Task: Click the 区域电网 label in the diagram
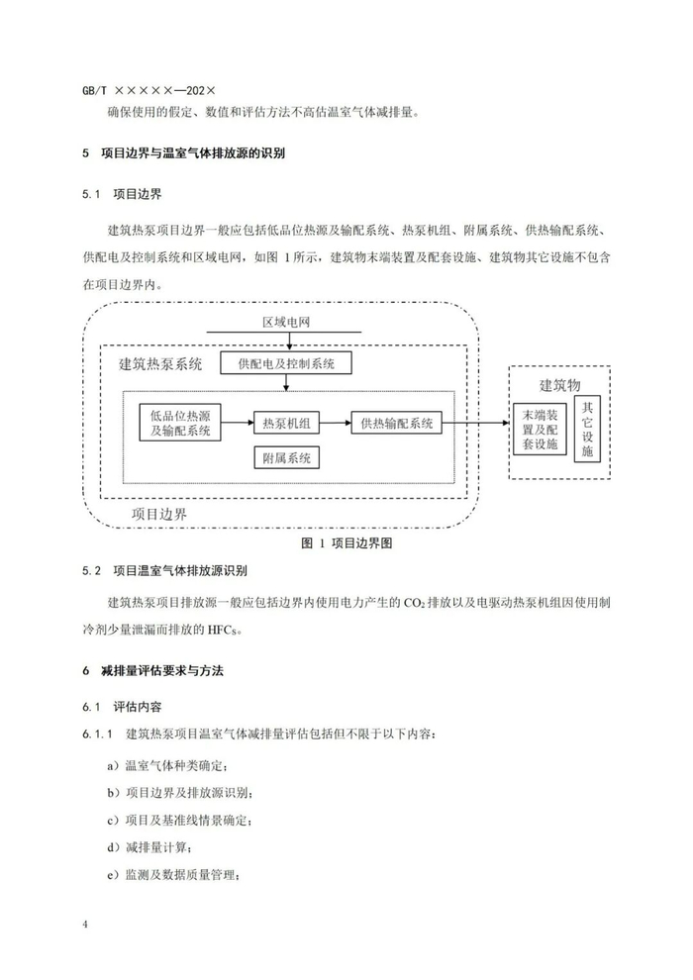coord(286,323)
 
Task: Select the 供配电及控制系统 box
coord(286,364)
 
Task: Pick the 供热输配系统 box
coord(396,424)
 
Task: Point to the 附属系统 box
coord(286,458)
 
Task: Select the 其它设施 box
coord(588,429)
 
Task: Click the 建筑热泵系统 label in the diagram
coord(160,364)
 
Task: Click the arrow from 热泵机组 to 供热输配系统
coord(336,424)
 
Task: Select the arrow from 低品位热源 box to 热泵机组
coord(238,424)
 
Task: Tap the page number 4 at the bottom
coord(86,925)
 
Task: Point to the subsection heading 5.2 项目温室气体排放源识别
coord(165,571)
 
